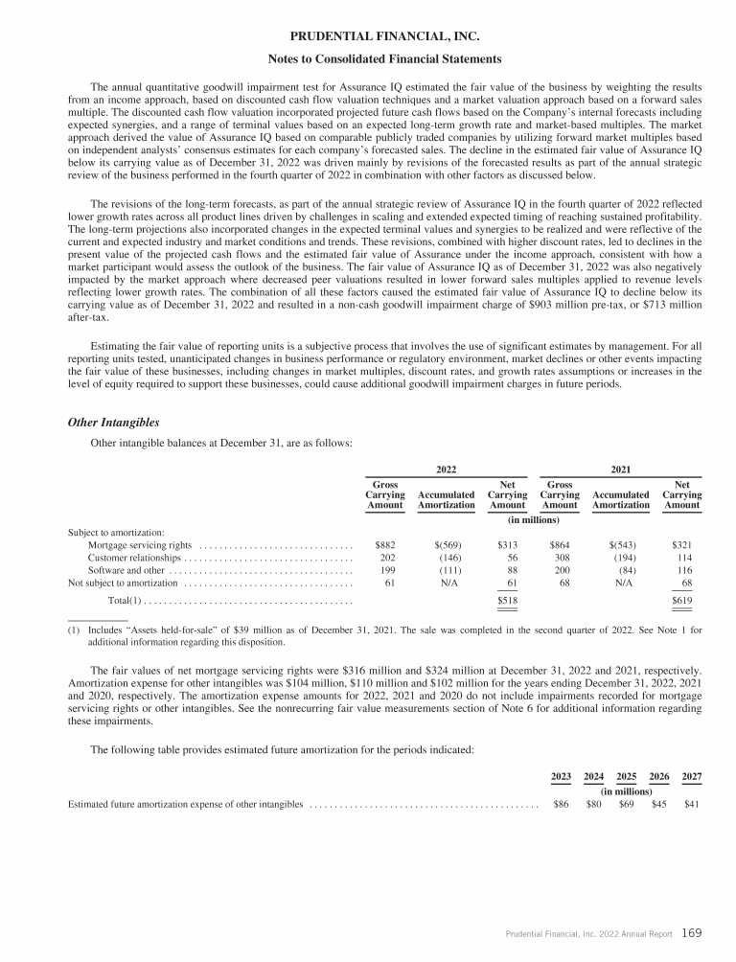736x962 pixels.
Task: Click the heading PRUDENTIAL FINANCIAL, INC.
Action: coord(367,38)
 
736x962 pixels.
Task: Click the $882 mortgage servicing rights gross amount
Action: coord(384,544)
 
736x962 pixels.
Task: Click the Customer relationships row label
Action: coord(134,557)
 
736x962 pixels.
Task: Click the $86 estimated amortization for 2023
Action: coord(562,804)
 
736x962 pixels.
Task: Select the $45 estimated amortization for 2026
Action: coord(659,804)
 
